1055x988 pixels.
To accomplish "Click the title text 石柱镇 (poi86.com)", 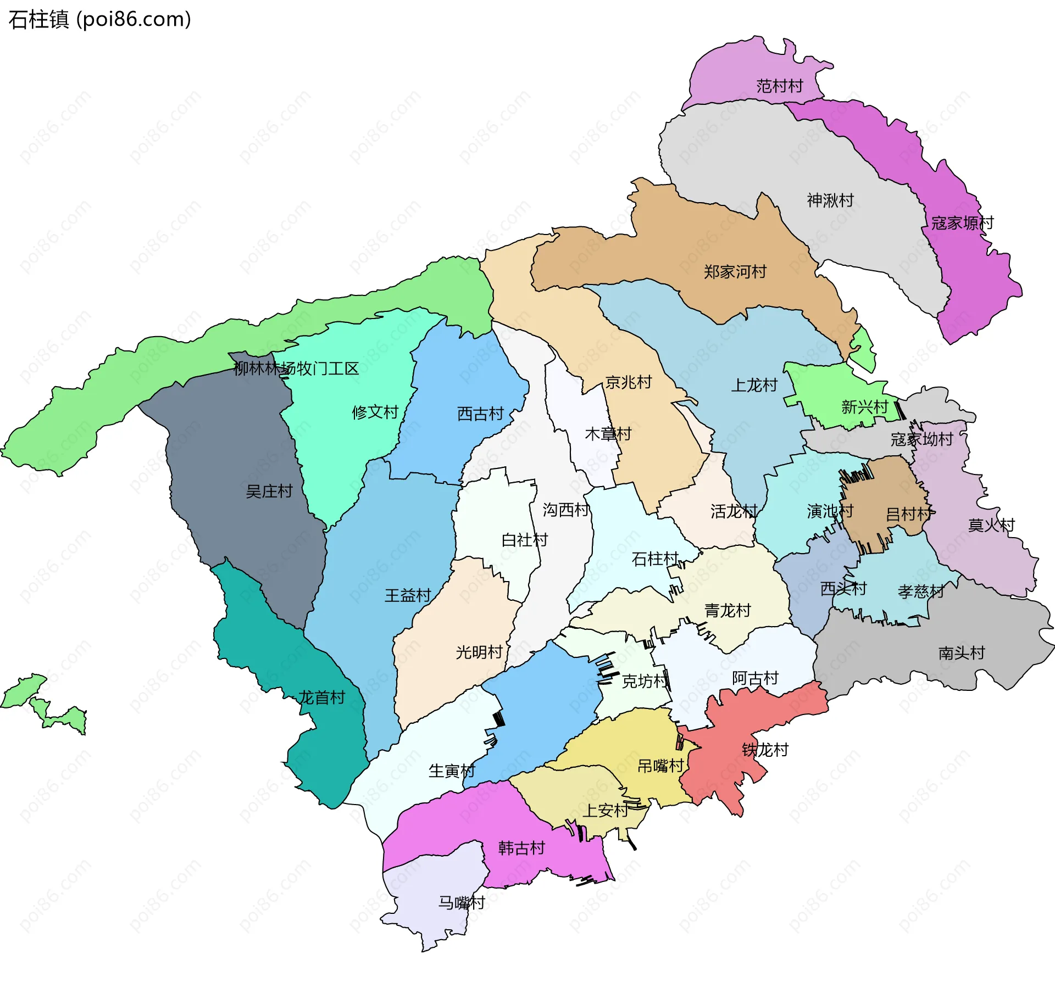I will coord(99,19).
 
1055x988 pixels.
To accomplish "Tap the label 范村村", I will coord(779,86).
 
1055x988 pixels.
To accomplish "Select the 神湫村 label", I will coord(830,200).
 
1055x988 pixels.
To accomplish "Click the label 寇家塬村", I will coord(962,223).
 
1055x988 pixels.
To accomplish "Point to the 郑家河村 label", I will coord(735,272).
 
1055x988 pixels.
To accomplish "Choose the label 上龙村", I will coord(754,386).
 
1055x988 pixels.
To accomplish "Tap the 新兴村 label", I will coord(864,408).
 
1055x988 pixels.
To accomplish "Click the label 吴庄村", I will coord(269,492).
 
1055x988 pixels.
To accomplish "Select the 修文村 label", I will coord(375,412).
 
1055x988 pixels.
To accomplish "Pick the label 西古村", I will coord(480,414).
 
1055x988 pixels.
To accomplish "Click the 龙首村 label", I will coord(321,698).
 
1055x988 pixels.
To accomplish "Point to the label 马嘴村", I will coord(461,903).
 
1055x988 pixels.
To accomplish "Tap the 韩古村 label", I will coord(521,849).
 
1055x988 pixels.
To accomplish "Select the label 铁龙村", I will coord(765,750).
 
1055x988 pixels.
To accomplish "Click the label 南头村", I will coord(961,654).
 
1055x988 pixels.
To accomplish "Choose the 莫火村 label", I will coord(991,526).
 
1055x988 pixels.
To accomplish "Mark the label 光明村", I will coord(479,652).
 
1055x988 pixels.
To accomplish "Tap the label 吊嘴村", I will coord(660,766).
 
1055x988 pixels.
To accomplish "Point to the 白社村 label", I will coord(524,540).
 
